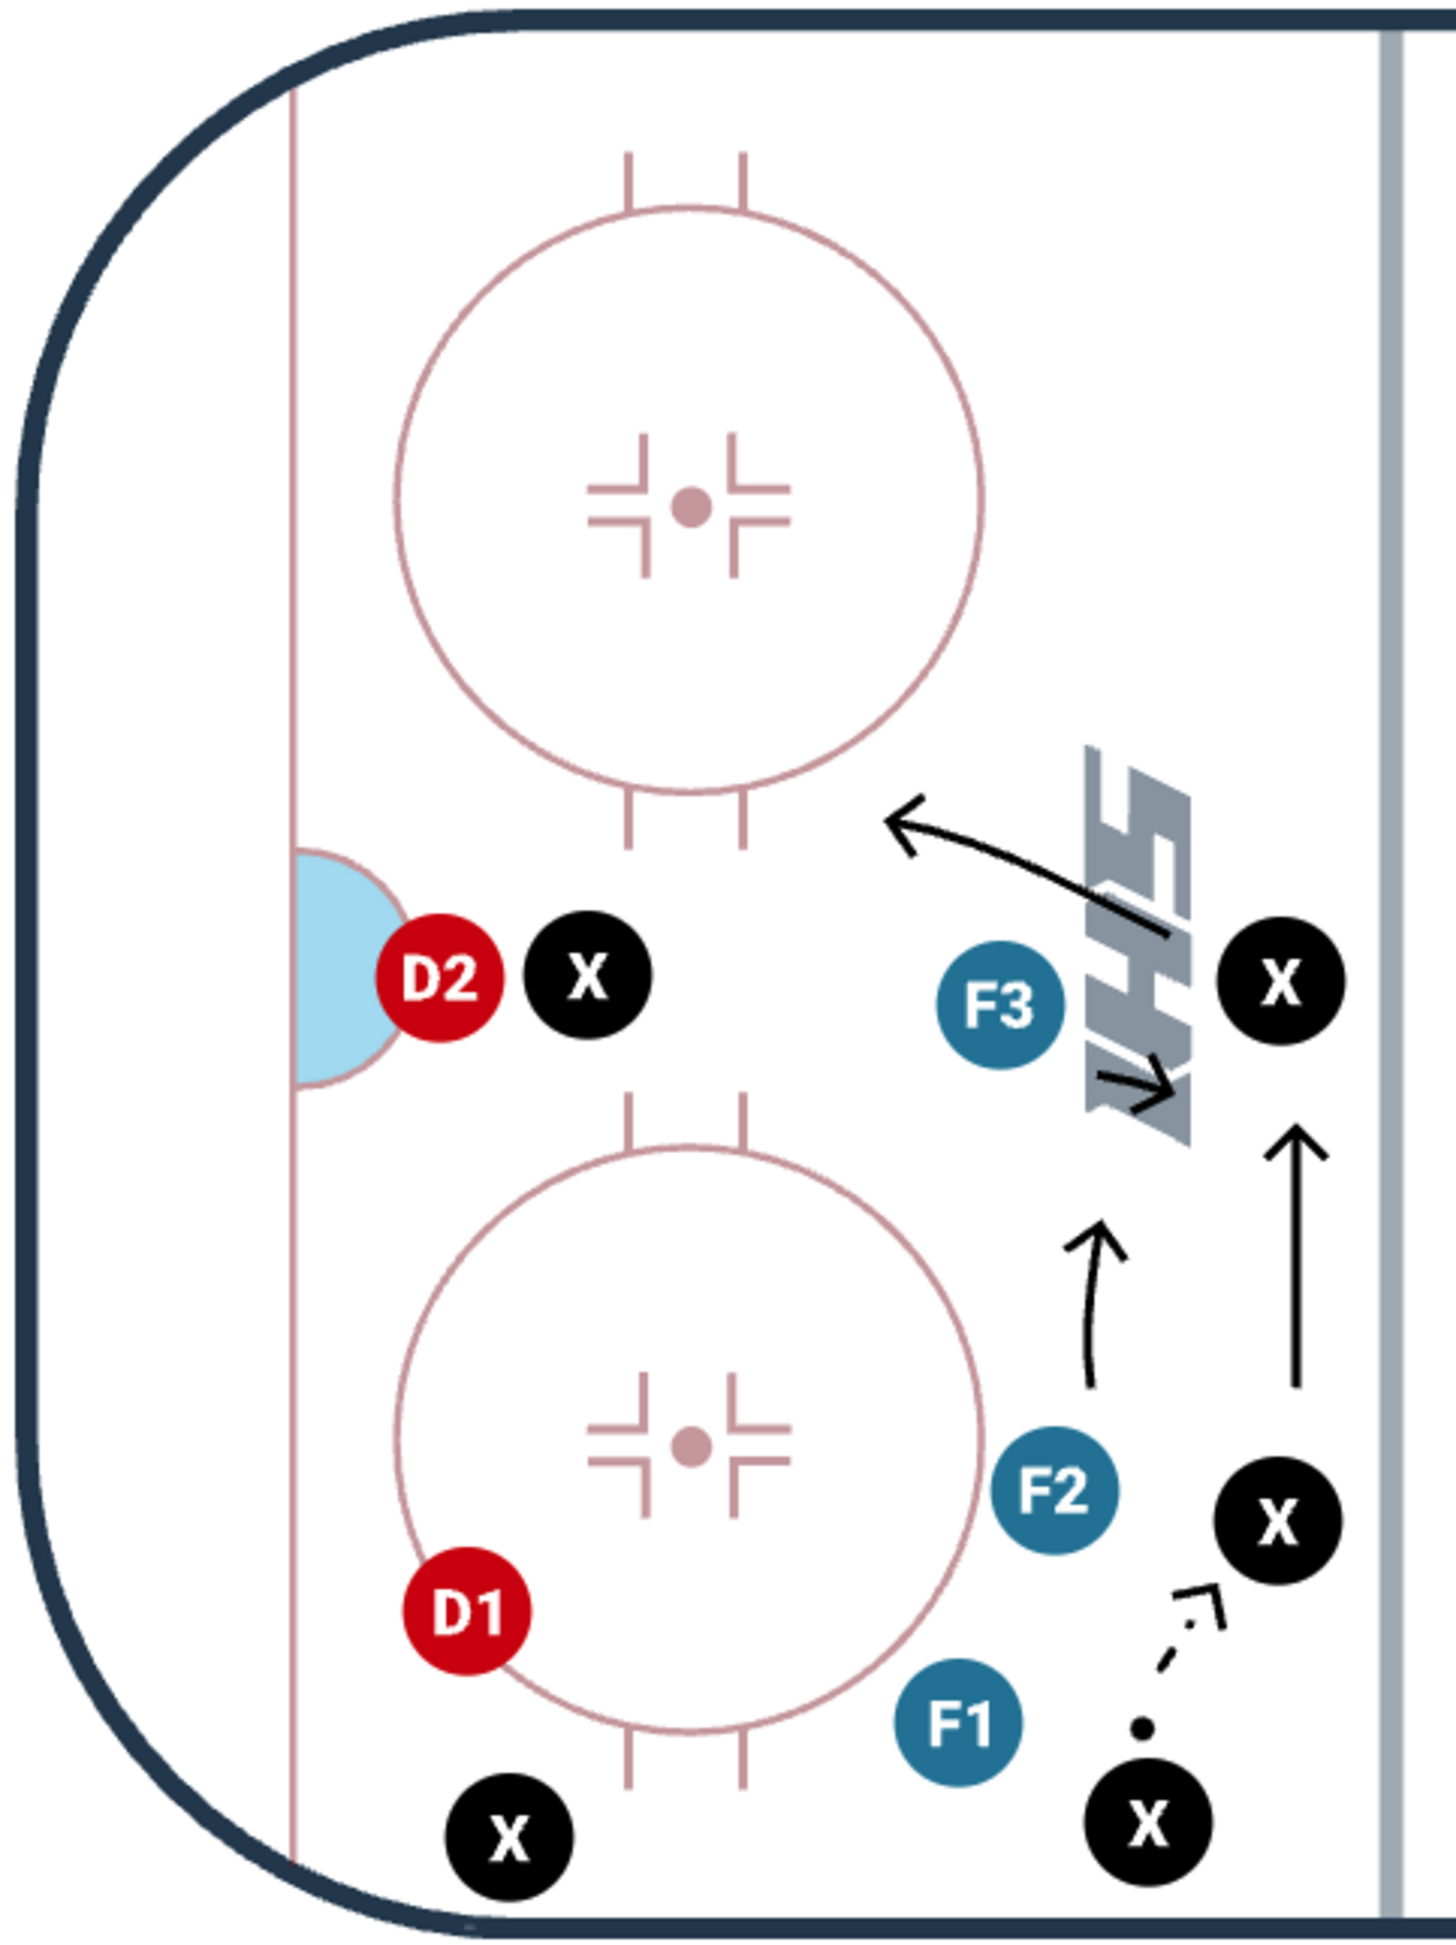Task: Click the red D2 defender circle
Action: [x=439, y=978]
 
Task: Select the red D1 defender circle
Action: [x=467, y=1611]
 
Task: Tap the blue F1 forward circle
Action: [x=958, y=1722]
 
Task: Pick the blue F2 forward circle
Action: [x=1054, y=1491]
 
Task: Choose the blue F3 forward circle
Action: [x=999, y=1005]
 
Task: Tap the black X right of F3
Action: [x=1280, y=981]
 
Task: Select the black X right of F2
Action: [x=1278, y=1520]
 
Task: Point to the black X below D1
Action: [x=509, y=1837]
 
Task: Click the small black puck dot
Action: [x=1141, y=1729]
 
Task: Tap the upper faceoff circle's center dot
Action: [x=691, y=507]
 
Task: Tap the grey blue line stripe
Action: [x=1390, y=967]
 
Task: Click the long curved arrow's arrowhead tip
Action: [x=887, y=818]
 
